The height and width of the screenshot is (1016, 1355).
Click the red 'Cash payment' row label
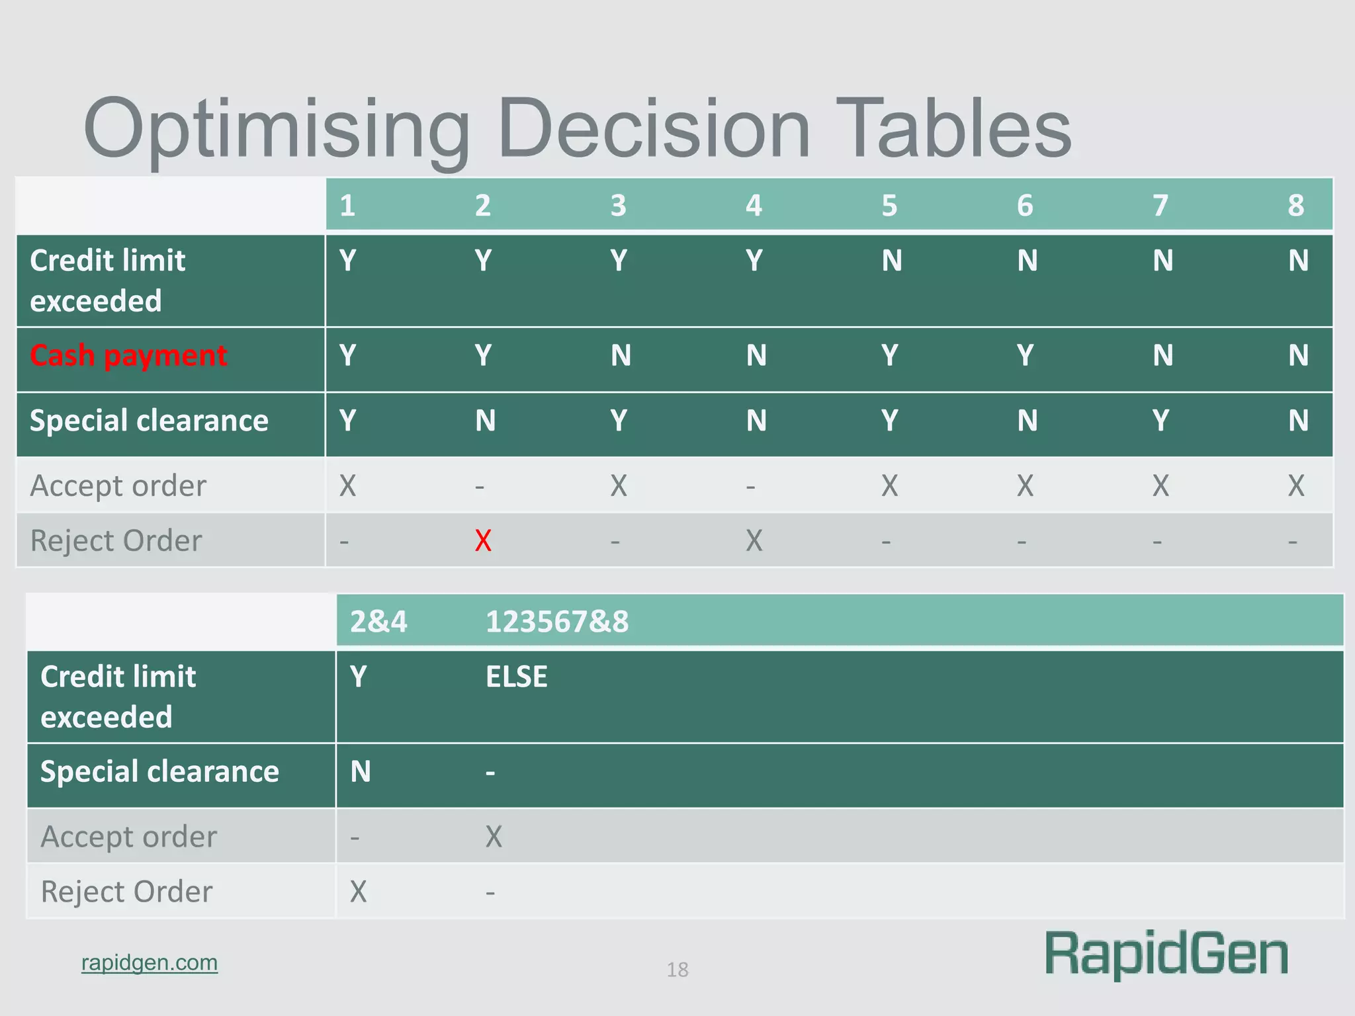[128, 356]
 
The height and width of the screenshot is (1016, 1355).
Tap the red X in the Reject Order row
[483, 541]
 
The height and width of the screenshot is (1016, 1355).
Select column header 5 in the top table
[889, 206]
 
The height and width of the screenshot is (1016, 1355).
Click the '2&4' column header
[378, 622]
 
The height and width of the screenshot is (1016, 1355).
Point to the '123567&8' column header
[557, 622]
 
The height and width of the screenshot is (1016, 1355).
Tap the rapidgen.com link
[150, 962]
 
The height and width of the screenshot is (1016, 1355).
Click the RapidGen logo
[1166, 954]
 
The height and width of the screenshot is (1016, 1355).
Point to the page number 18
[677, 970]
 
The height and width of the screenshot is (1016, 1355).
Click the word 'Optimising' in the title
[277, 129]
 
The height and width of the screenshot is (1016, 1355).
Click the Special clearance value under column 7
[1160, 421]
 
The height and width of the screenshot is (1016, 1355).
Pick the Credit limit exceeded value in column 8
[1298, 261]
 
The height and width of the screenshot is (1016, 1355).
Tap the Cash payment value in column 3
[621, 356]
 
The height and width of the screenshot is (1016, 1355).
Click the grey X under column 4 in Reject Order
[754, 541]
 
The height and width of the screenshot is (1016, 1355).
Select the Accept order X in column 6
[1025, 486]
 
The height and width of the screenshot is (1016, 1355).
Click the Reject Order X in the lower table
[358, 892]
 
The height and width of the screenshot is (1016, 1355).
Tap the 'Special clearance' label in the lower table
[159, 772]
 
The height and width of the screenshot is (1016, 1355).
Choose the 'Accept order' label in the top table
[118, 486]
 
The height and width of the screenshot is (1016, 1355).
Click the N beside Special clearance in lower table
[361, 772]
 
